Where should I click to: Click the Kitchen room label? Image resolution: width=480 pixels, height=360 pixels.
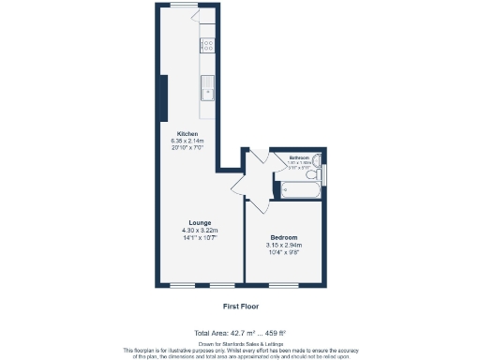pos(187,134)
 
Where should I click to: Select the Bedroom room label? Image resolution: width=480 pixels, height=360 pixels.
pos(286,237)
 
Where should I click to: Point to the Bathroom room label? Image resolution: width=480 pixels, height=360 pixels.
pos(299,157)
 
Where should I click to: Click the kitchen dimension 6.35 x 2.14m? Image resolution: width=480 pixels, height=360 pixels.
pos(187,142)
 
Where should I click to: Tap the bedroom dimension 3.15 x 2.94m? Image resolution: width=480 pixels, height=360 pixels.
pos(286,245)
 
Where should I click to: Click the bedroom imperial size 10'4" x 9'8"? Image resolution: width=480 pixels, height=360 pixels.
pos(286,252)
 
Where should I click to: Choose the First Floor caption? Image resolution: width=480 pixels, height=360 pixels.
pos(240,306)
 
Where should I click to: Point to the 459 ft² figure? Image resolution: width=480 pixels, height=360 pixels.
pos(273,333)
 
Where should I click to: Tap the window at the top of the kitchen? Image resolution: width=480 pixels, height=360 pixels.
pos(184,6)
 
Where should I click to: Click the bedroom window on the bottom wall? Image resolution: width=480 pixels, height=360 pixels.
pos(287,284)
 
